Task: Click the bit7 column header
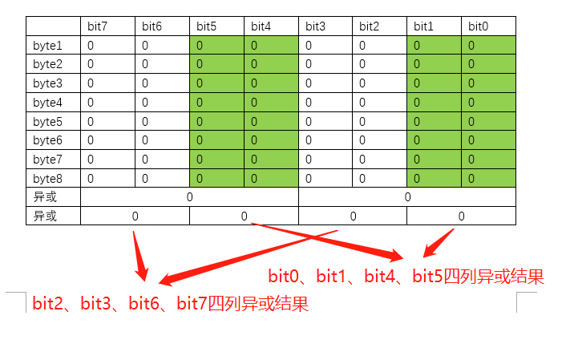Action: (x=107, y=26)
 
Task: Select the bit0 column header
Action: (x=488, y=26)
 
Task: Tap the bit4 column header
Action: (x=271, y=26)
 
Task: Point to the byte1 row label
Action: (x=53, y=46)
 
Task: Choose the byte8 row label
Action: (x=53, y=178)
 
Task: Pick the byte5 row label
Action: (x=53, y=122)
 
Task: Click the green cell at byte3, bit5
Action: (x=216, y=83)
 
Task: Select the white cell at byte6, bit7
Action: (x=107, y=140)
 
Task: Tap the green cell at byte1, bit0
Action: (x=488, y=46)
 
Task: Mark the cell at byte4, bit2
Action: (x=379, y=103)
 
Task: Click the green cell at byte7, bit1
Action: (x=434, y=160)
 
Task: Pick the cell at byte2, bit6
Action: (x=162, y=64)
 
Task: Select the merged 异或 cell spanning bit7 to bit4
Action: (x=189, y=196)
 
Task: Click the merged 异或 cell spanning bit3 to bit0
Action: (x=407, y=196)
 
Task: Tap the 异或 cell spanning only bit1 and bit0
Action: (x=461, y=216)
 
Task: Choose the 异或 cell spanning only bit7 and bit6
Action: (x=135, y=216)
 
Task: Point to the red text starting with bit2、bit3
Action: (x=170, y=305)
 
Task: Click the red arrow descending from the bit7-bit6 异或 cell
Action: (x=139, y=255)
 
